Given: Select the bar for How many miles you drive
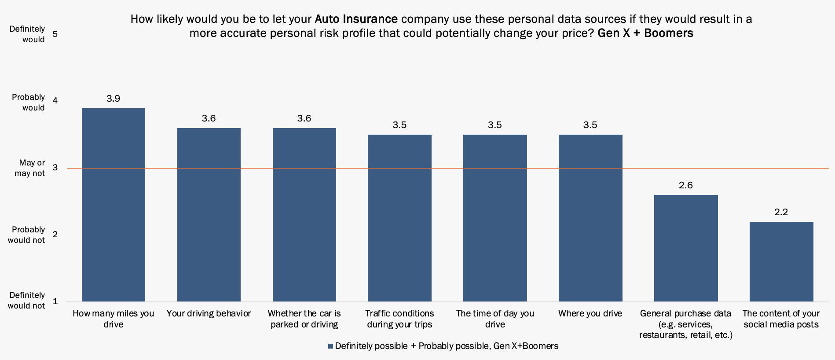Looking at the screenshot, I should point(114,205).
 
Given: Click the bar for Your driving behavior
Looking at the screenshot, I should point(209,215).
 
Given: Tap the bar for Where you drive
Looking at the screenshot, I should point(590,218).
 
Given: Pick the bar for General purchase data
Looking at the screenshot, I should point(686,248).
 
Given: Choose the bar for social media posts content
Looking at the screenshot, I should point(781,261).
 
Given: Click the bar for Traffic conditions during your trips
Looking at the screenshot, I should point(399,218).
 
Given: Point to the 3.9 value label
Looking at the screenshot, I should point(114,99).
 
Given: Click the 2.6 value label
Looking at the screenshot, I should point(686,185).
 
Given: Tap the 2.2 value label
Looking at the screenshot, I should point(781,212).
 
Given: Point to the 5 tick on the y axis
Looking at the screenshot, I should point(55,34).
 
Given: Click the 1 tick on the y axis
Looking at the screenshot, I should point(55,301).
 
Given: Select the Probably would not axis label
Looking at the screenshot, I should point(28,235).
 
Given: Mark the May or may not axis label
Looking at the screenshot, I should point(29,168).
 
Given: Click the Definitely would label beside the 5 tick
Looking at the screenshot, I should point(27,34).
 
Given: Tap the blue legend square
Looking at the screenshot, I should point(330,346).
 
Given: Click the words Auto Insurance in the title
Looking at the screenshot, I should point(356,19).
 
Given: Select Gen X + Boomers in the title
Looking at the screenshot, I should point(645,33).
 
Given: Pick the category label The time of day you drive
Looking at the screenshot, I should point(495,319).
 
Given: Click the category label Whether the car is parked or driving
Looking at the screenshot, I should point(304,319).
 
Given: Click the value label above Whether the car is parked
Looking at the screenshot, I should point(304,118).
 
